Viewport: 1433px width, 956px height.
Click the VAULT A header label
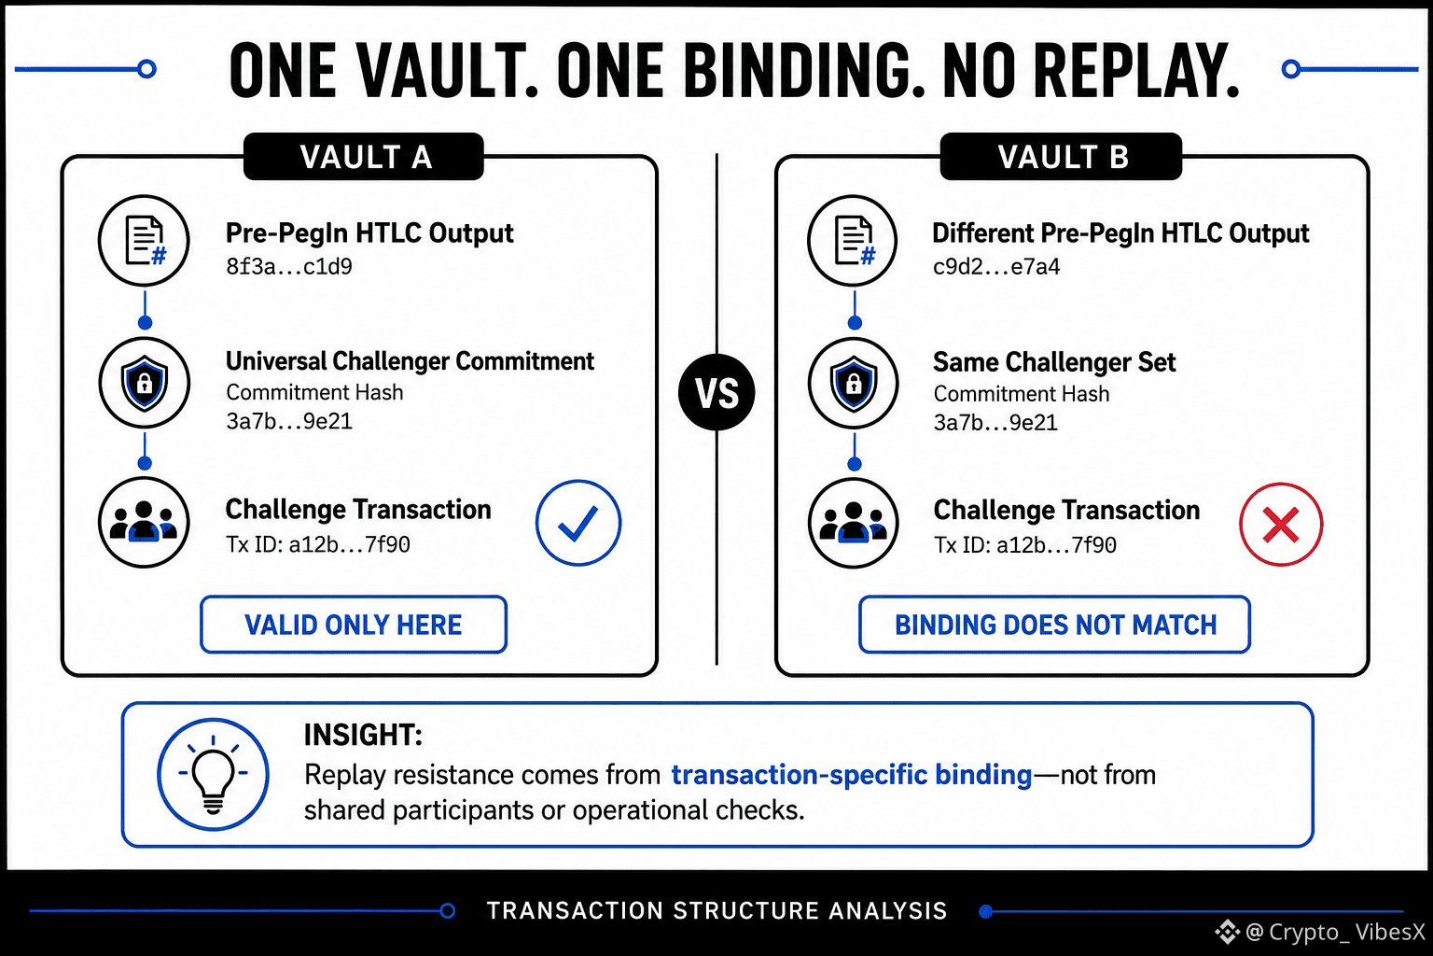363,156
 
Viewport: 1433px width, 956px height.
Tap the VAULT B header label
1061,156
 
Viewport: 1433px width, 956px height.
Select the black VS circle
716,392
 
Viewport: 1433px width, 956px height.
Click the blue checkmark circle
578,523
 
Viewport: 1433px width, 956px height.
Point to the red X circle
1281,525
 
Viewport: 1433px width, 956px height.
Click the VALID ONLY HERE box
354,625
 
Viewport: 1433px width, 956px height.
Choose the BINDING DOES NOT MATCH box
1054,625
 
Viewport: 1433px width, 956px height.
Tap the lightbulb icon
213,774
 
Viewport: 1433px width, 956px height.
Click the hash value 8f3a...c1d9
289,266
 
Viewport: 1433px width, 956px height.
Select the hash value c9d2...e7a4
996,266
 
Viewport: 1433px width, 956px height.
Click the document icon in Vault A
144,241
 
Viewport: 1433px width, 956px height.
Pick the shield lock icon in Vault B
854,384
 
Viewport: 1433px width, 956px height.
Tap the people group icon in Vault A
144,522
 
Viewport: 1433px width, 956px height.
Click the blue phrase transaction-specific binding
852,775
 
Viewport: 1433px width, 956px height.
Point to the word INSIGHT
363,735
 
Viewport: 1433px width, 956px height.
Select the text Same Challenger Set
1054,362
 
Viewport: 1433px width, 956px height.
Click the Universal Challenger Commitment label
410,361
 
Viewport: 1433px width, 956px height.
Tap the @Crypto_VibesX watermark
1320,932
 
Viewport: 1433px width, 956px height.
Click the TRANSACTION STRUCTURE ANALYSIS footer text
716,910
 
